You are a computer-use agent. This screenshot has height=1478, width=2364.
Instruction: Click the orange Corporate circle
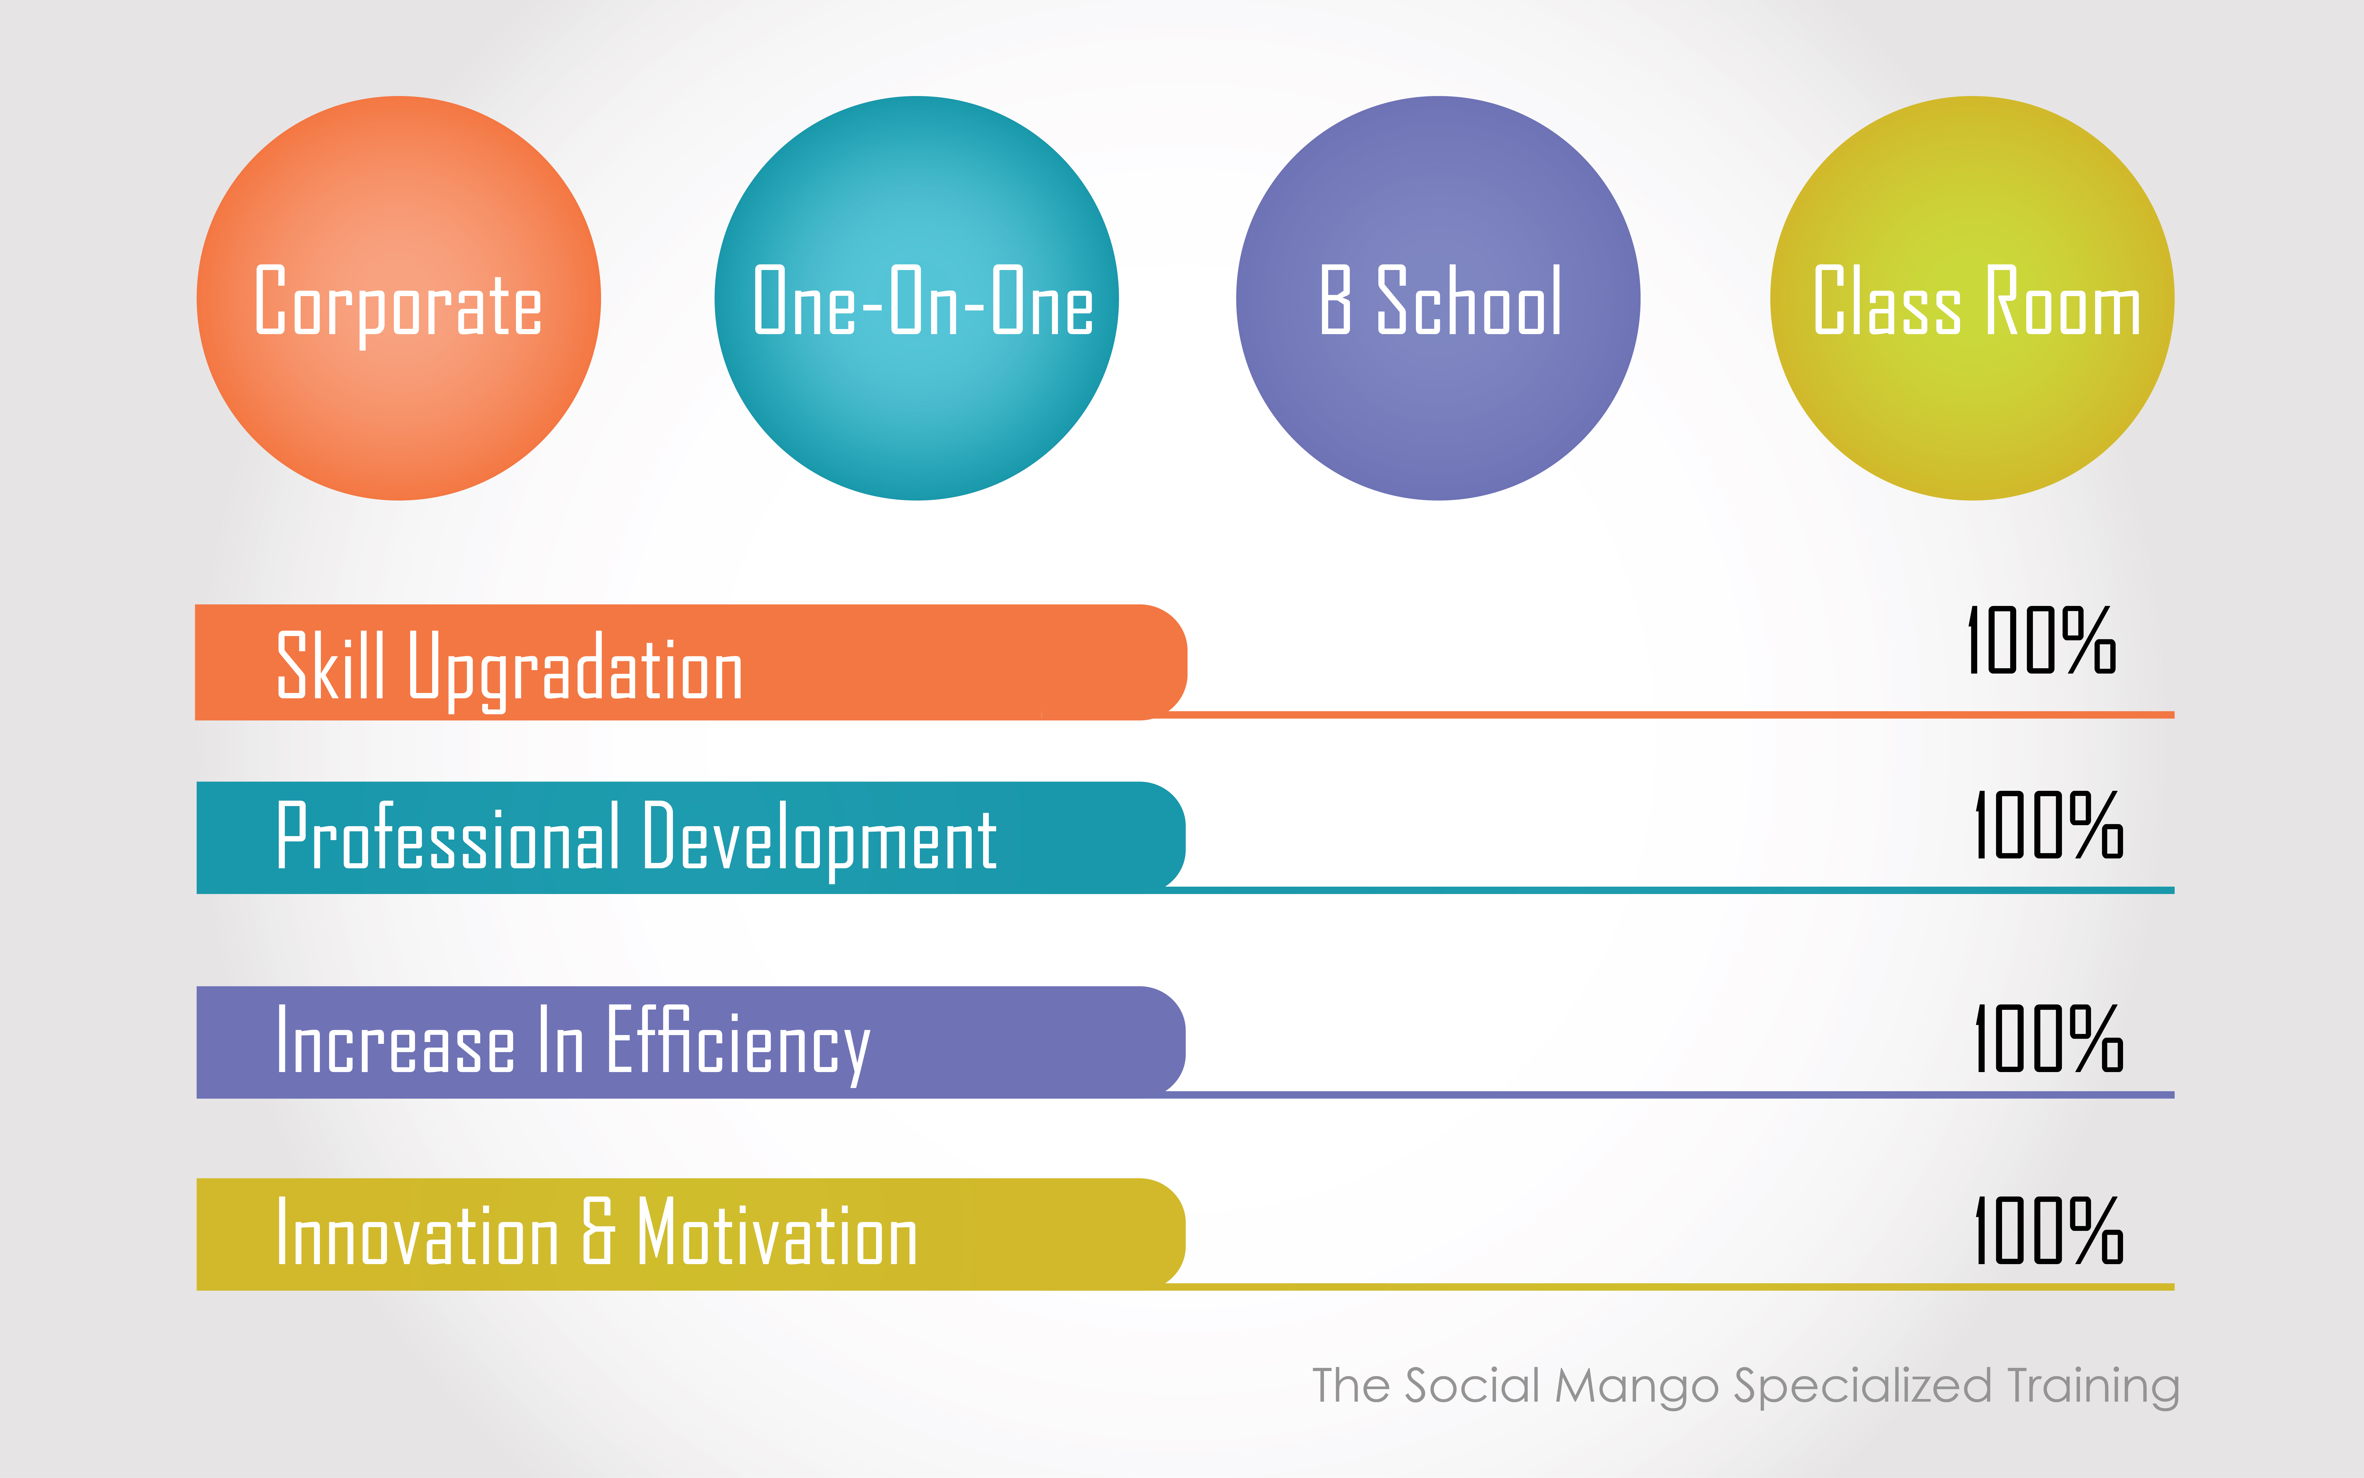pos(399,298)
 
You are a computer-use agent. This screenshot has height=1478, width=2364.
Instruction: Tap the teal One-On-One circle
pos(917,298)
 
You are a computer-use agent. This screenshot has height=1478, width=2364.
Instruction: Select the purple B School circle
pos(1437,298)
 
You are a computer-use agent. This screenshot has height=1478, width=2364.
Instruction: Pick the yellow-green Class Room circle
pos(1972,298)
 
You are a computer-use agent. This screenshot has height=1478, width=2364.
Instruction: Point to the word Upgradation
pos(576,671)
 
